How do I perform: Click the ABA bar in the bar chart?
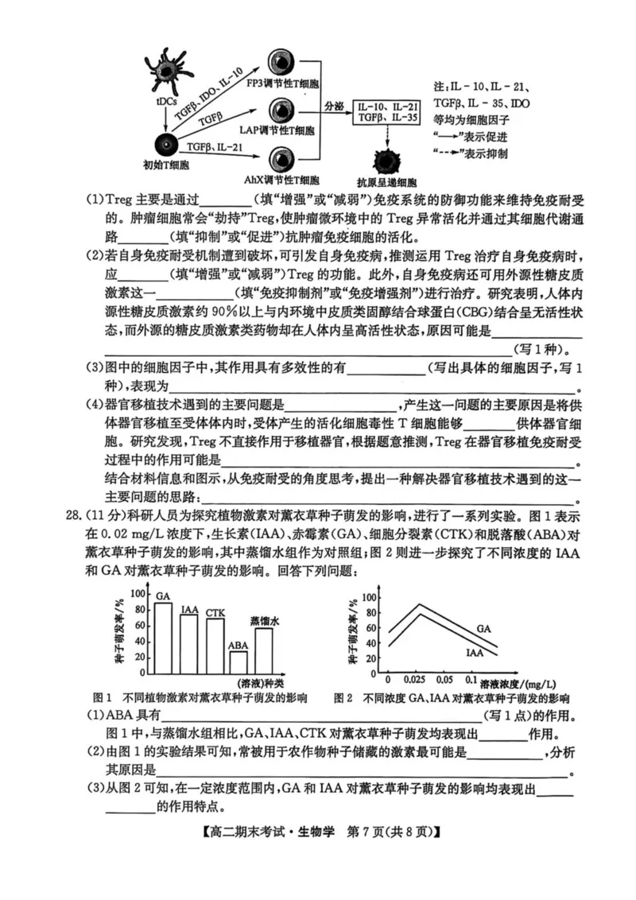click(238, 662)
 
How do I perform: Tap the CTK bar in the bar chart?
click(215, 646)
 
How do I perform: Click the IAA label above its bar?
click(189, 609)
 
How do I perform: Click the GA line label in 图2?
click(483, 628)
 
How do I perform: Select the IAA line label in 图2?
click(475, 652)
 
